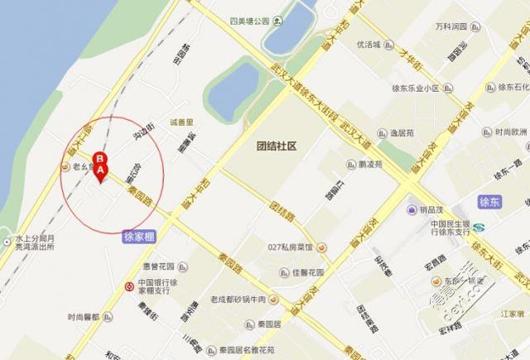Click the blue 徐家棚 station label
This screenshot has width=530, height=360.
138,236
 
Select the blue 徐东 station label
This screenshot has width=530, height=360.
490,202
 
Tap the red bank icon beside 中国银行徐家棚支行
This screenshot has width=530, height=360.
128,286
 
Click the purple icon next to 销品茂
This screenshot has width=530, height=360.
412,210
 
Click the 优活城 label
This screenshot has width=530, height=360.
366,45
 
